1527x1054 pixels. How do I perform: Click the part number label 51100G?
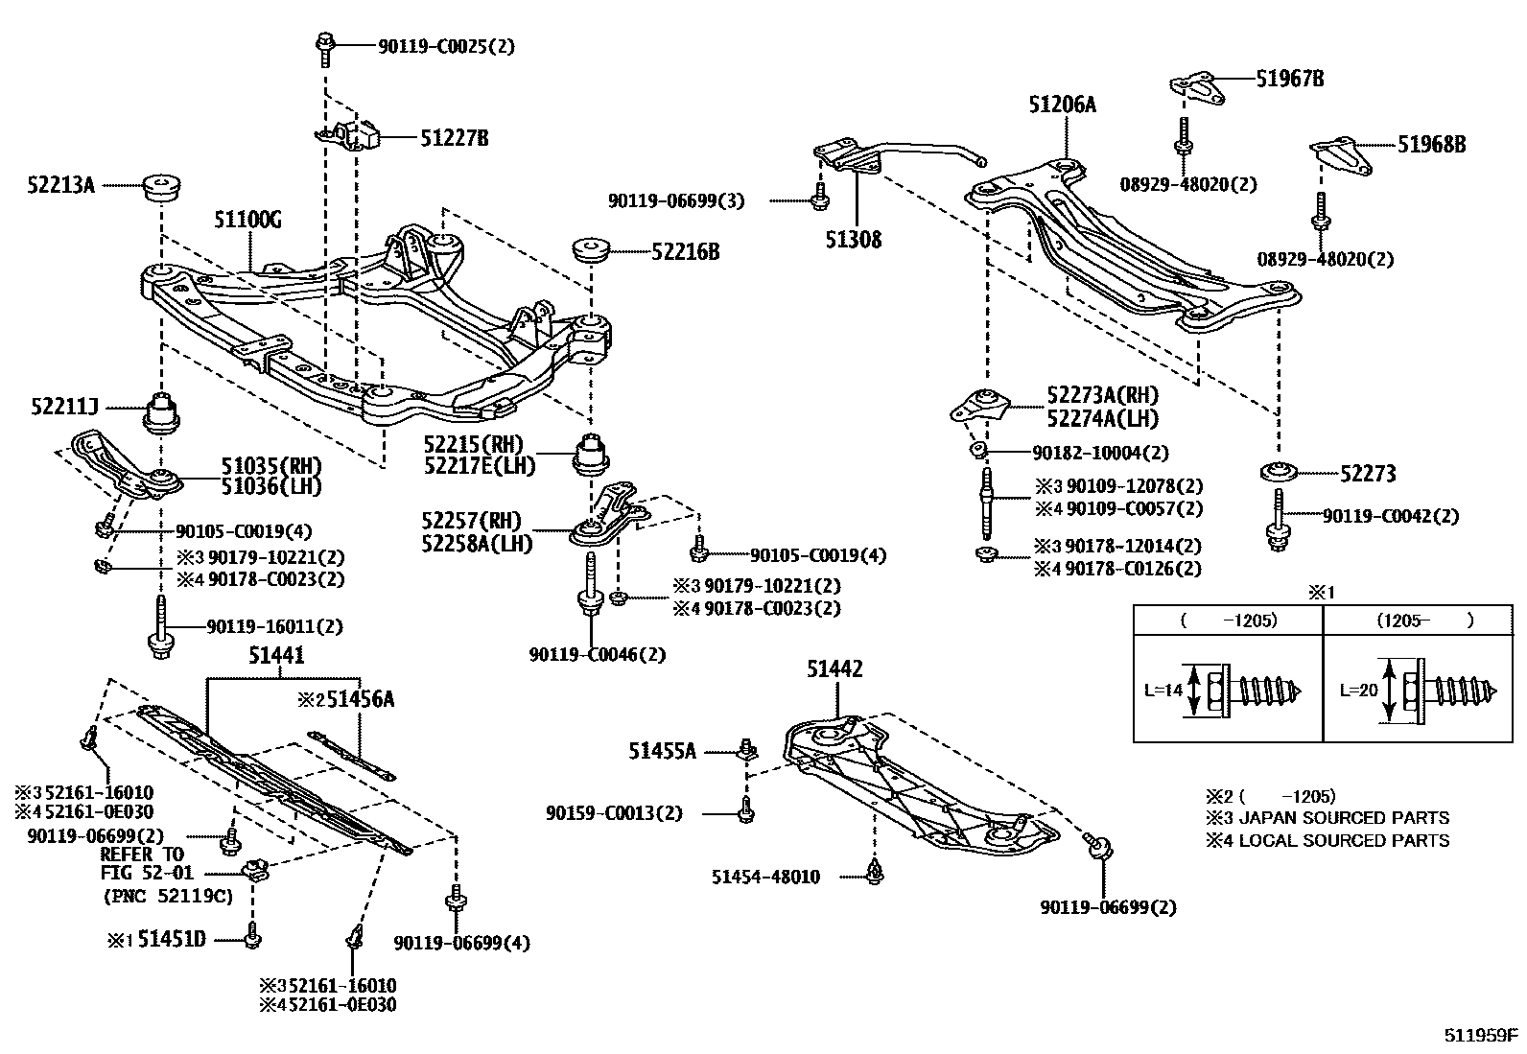pyautogui.click(x=247, y=221)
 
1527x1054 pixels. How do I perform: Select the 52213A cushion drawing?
pyautogui.click(x=162, y=188)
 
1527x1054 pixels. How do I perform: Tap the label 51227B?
pyautogui.click(x=454, y=138)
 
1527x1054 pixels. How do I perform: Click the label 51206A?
pyautogui.click(x=1062, y=105)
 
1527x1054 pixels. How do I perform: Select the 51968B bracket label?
pyautogui.click(x=1431, y=145)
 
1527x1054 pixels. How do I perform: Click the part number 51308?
pyautogui.click(x=854, y=239)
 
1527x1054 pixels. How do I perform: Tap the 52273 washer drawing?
pyautogui.click(x=1279, y=472)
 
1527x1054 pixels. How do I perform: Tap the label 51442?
pyautogui.click(x=835, y=669)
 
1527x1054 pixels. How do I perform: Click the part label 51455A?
pyautogui.click(x=662, y=751)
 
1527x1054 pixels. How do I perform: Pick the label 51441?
pyautogui.click(x=276, y=655)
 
